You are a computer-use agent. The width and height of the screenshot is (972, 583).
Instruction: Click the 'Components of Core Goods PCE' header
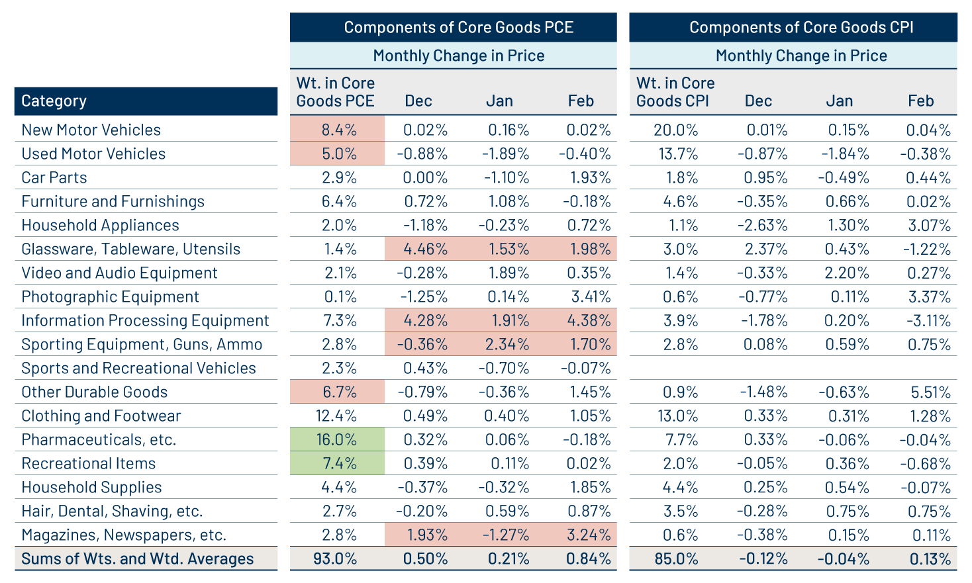tap(458, 27)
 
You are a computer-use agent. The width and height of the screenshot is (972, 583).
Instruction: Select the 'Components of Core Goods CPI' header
tap(801, 27)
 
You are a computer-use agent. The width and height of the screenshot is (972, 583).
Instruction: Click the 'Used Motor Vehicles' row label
tap(93, 154)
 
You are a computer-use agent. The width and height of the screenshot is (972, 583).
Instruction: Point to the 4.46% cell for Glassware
tap(425, 249)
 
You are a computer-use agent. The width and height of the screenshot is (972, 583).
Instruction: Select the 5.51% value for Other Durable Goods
tap(930, 392)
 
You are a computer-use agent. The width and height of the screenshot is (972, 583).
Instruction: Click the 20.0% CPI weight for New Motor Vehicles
tap(675, 130)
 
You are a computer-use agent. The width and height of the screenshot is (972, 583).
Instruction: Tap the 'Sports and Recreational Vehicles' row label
tap(138, 368)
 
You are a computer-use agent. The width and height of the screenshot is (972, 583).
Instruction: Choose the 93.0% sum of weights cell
tap(335, 559)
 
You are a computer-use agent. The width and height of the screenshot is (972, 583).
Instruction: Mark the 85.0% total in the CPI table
tap(675, 559)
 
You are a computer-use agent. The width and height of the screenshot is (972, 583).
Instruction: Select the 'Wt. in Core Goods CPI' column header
tap(675, 92)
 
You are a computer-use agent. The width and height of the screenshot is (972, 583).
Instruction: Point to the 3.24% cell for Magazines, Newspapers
tap(588, 535)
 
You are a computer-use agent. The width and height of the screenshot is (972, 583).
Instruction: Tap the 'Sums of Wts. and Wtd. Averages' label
tap(137, 559)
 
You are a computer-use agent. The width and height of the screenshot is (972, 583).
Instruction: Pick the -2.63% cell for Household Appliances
tap(762, 225)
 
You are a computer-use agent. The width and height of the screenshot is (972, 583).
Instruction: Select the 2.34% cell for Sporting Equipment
tap(507, 344)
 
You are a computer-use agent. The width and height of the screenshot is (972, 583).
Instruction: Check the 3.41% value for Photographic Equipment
tap(588, 296)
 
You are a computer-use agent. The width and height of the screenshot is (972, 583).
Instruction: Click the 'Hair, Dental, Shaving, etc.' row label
tap(112, 511)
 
